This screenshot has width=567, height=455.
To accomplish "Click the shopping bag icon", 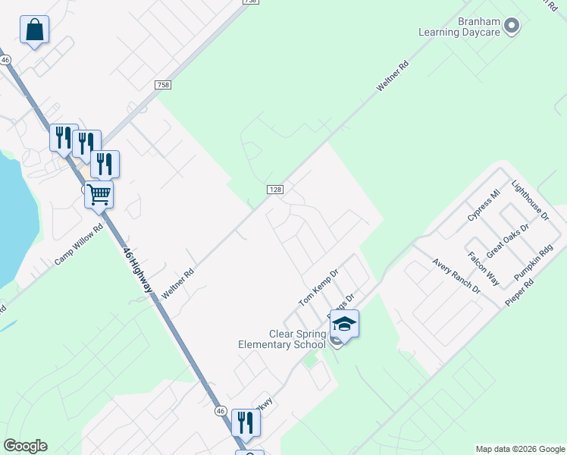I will (34, 30).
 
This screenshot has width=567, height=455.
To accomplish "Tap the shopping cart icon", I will (99, 194).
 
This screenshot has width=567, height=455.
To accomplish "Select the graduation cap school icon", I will (344, 324).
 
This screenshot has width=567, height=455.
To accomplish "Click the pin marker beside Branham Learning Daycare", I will (512, 27).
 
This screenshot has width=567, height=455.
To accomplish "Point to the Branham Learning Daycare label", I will (461, 27).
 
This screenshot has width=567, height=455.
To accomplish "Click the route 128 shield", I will (274, 189).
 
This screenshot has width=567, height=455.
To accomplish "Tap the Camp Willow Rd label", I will (77, 244).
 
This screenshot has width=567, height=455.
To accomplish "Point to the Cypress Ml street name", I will (484, 205).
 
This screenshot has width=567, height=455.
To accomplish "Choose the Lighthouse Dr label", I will (529, 200).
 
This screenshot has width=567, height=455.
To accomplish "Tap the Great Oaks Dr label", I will (507, 241).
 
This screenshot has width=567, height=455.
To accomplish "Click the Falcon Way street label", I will (483, 268).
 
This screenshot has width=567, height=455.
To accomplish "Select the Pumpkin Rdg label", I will (534, 262).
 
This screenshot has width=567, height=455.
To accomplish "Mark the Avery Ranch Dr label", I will (456, 276).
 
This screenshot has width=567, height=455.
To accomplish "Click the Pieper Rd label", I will (519, 293).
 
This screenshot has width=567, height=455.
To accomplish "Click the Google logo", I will (25, 446).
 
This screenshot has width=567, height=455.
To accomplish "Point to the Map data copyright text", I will (521, 449).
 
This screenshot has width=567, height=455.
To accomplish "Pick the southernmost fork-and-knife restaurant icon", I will (246, 422).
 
